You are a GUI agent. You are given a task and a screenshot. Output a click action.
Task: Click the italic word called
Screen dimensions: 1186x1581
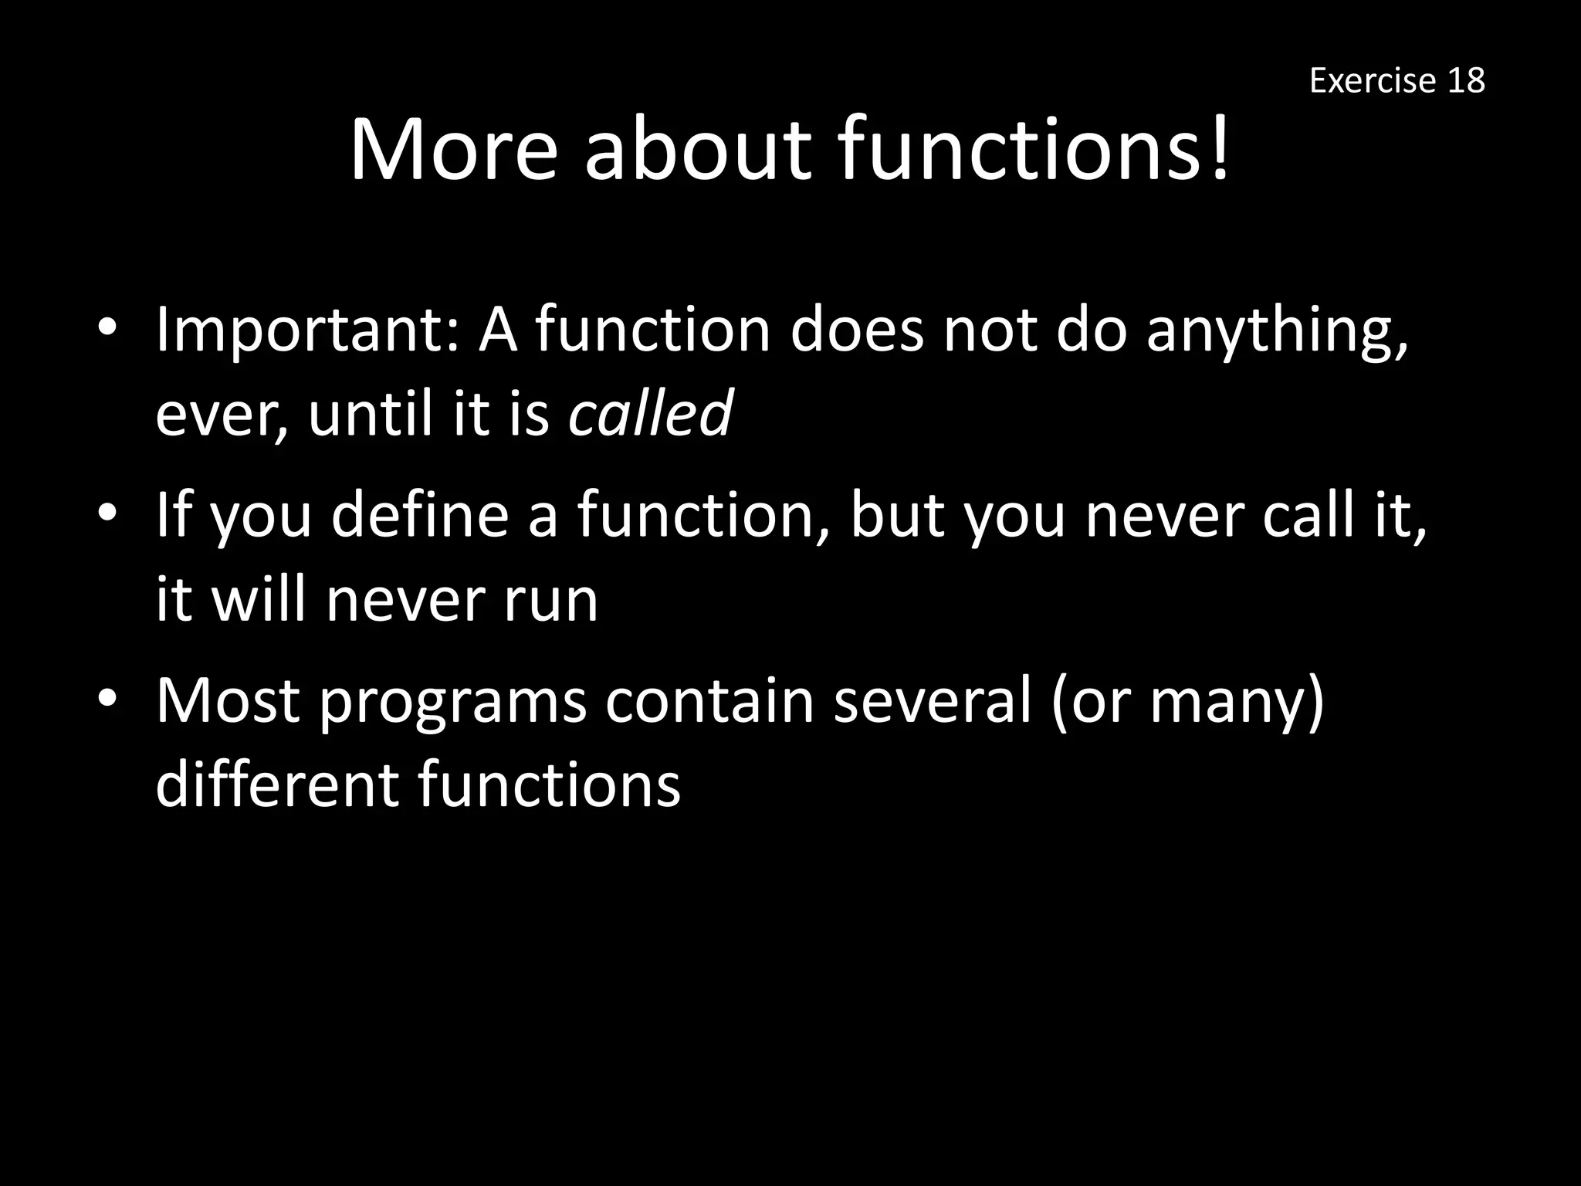[650, 413]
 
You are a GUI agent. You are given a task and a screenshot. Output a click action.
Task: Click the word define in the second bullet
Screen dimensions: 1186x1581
[420, 516]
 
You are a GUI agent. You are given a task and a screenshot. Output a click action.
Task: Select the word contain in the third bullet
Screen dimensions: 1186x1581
[709, 701]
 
